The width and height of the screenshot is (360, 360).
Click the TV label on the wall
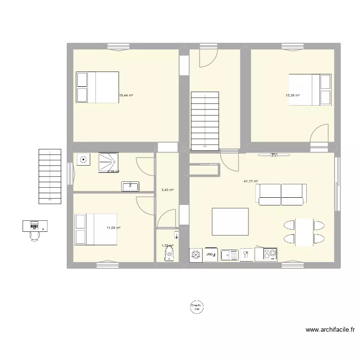(274, 155)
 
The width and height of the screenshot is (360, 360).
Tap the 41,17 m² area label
(251, 181)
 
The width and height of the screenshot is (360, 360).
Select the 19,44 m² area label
(126, 96)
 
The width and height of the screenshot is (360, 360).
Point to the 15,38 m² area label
(292, 96)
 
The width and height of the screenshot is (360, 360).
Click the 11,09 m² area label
(113, 228)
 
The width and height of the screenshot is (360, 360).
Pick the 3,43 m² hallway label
(167, 190)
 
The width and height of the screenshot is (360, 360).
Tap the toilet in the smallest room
(168, 254)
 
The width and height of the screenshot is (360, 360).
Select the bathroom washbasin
(130, 186)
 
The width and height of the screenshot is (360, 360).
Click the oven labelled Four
(210, 254)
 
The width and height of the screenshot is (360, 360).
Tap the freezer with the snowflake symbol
(196, 254)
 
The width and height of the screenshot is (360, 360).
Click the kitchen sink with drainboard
(229, 254)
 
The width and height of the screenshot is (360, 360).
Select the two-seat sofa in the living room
(281, 194)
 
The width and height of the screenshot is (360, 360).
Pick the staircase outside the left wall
(50, 175)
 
